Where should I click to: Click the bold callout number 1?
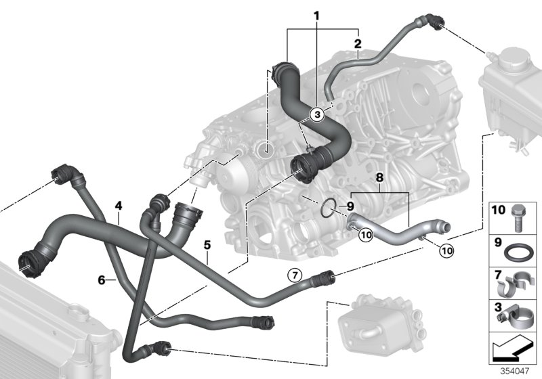coord(315,15)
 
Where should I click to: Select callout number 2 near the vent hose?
coord(357,44)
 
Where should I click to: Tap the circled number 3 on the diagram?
coord(316,115)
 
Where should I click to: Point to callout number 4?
coord(118,204)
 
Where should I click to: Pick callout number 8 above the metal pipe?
coord(381,178)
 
